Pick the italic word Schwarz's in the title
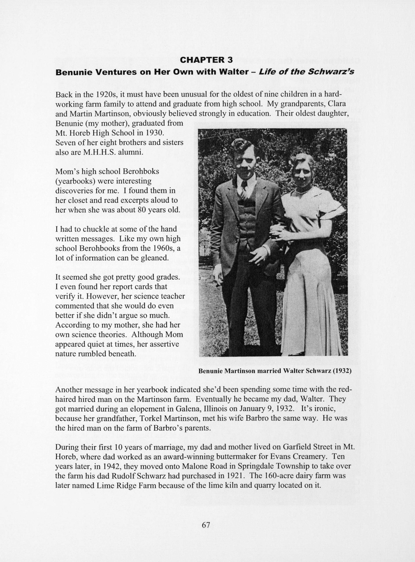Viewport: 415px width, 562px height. pos(331,72)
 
